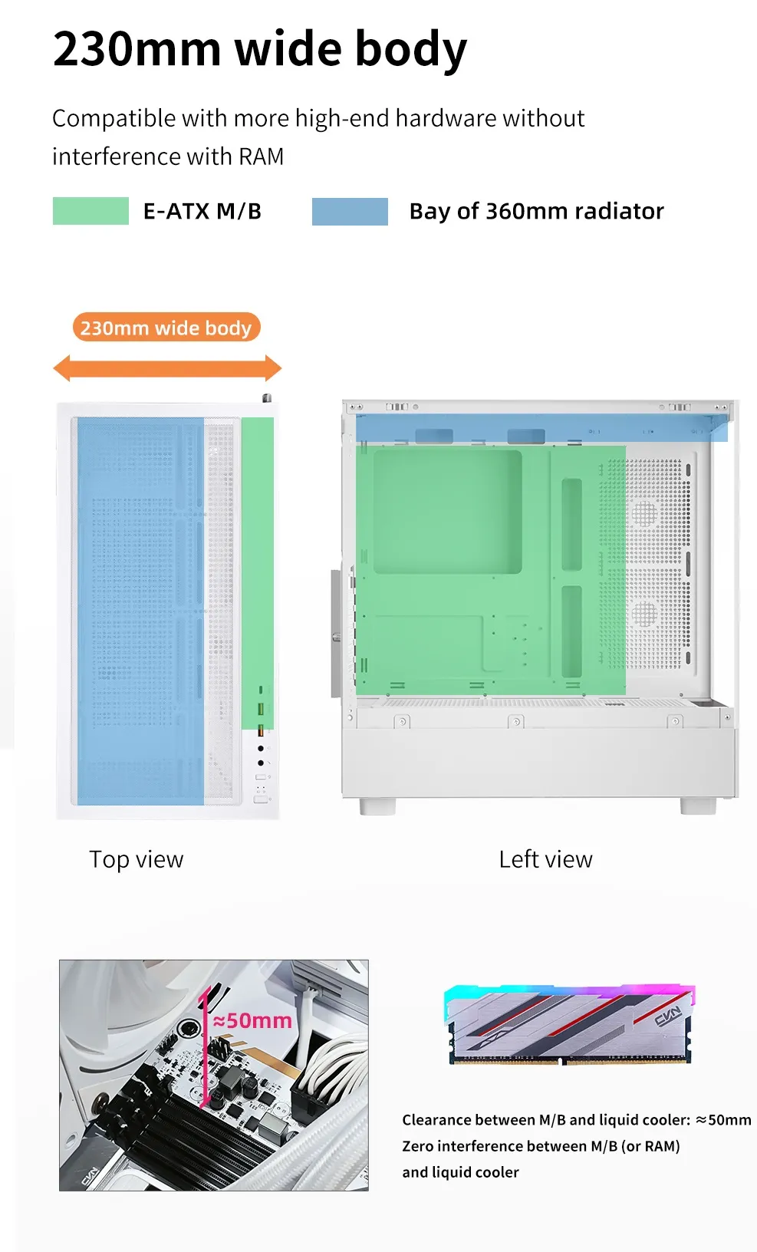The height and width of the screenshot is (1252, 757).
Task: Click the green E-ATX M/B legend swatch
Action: [91, 211]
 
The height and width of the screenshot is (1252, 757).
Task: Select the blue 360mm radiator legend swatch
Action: [350, 212]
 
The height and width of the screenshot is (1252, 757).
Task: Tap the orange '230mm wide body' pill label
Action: [166, 328]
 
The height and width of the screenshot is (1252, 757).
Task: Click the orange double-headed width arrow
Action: [167, 368]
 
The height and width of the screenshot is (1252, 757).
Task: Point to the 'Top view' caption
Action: [137, 859]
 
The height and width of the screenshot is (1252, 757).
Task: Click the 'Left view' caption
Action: [545, 859]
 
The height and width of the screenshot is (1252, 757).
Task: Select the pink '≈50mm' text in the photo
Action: [252, 1021]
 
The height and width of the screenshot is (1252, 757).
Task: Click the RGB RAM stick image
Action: [570, 1025]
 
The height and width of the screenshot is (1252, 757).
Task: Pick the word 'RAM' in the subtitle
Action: [262, 156]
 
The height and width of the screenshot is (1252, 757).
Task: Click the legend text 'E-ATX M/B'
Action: [202, 211]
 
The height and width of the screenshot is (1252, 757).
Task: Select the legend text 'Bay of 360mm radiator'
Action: [536, 211]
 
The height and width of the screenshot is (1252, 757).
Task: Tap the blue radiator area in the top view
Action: [140, 610]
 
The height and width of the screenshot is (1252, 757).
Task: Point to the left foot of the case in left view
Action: [378, 806]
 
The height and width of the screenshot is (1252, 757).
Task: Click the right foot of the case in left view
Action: [698, 806]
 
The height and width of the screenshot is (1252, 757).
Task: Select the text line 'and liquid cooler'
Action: [460, 1172]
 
